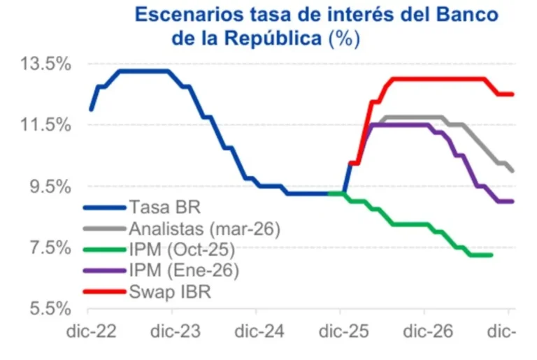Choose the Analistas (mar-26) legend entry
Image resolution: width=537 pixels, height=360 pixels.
tap(204, 228)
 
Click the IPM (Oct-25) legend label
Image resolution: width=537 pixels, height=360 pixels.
tap(182, 249)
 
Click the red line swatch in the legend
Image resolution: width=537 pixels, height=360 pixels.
tap(104, 291)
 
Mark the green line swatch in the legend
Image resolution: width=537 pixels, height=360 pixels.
tap(104, 249)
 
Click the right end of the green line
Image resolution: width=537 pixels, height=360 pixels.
tap(492, 255)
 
